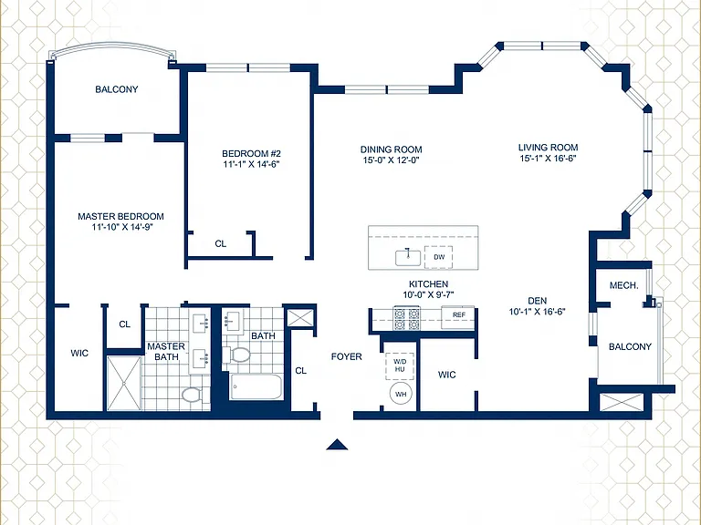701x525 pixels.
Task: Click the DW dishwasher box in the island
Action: pos(438,257)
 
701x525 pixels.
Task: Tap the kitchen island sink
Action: pos(408,258)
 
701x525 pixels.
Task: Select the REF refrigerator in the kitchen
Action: pos(458,315)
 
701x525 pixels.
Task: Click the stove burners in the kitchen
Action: pos(406,318)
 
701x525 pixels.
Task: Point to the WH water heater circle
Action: pos(401,394)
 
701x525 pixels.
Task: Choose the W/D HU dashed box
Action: pos(400,366)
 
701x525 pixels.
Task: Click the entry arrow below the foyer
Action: pos(337,445)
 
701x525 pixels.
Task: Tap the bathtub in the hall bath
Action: pos(256,387)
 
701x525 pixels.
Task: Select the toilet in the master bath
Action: pos(193,395)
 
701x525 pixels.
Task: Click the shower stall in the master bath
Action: pos(124,383)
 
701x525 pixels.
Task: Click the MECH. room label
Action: pos(623,285)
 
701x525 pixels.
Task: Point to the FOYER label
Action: pos(347,356)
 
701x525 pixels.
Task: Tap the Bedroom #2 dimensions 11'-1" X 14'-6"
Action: pos(251,164)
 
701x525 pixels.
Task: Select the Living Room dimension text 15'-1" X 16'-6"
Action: pos(548,158)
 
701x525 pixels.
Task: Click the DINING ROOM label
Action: pos(392,149)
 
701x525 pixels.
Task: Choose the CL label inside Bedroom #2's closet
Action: pos(220,243)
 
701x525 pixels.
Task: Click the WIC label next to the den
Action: pos(446,375)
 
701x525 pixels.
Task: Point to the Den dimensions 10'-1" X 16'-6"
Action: pos(537,312)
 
